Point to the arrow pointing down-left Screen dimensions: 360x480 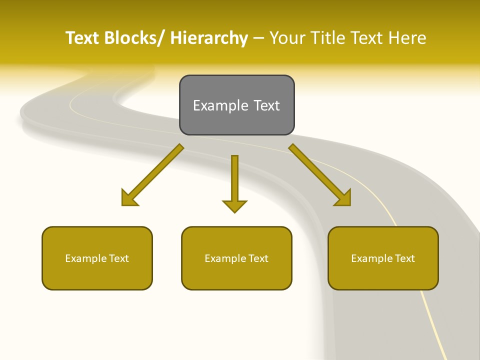152,175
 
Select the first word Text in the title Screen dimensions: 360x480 83,38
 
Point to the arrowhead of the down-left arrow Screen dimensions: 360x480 129,198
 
